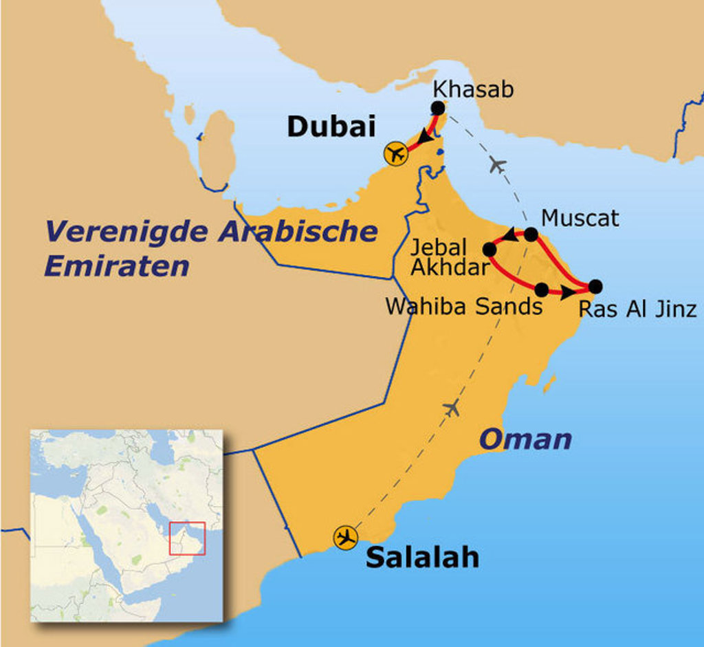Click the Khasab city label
tap(474, 90)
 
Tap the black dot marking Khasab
tap(437, 108)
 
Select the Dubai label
tap(331, 127)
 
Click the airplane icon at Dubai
tap(396, 153)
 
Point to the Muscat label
tap(580, 218)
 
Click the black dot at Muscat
tap(531, 234)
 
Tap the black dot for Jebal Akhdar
tap(489, 249)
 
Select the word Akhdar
tap(449, 267)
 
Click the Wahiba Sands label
tap(464, 306)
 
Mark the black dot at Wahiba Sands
tap(542, 289)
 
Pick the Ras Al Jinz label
tap(637, 309)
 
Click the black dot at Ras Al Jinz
tap(595, 286)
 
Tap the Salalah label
tap(421, 557)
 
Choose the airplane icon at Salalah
tap(345, 537)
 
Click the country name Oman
tap(525, 439)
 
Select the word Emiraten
tap(116, 266)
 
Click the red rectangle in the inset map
tap(187, 538)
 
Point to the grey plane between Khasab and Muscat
tap(497, 165)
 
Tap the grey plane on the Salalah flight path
tap(452, 408)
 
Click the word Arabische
tap(298, 231)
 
